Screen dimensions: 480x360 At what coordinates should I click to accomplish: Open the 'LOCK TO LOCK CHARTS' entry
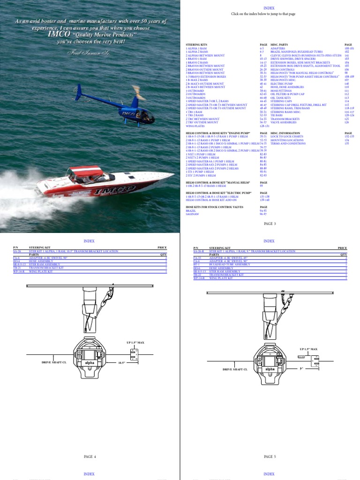(x=286, y=136)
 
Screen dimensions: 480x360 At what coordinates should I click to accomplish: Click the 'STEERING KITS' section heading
(x=196, y=45)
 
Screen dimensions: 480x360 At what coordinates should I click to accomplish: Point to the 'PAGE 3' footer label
(x=270, y=224)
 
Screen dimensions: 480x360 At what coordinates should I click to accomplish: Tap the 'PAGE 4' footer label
(x=90, y=456)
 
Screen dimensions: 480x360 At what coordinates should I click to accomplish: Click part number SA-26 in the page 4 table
(x=17, y=251)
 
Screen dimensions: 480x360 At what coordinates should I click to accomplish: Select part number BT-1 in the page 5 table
(x=197, y=264)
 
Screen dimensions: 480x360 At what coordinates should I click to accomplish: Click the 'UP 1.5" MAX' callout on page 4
(x=135, y=343)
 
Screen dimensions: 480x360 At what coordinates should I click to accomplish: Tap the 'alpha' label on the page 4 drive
(x=90, y=363)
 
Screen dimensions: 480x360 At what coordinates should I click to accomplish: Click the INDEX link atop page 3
(x=269, y=8)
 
